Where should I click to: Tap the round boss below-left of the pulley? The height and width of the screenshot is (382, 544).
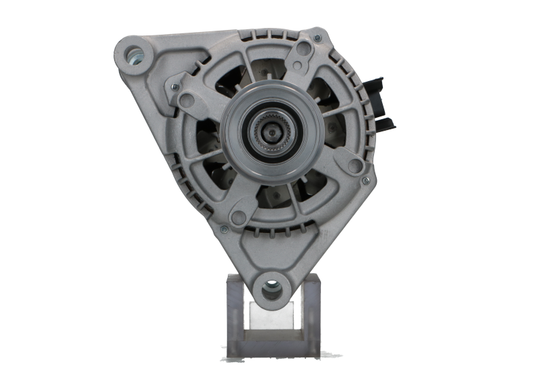point(238,217)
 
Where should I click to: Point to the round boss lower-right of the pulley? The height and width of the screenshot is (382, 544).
point(354,165)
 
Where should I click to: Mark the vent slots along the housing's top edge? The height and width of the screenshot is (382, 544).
point(272,34)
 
